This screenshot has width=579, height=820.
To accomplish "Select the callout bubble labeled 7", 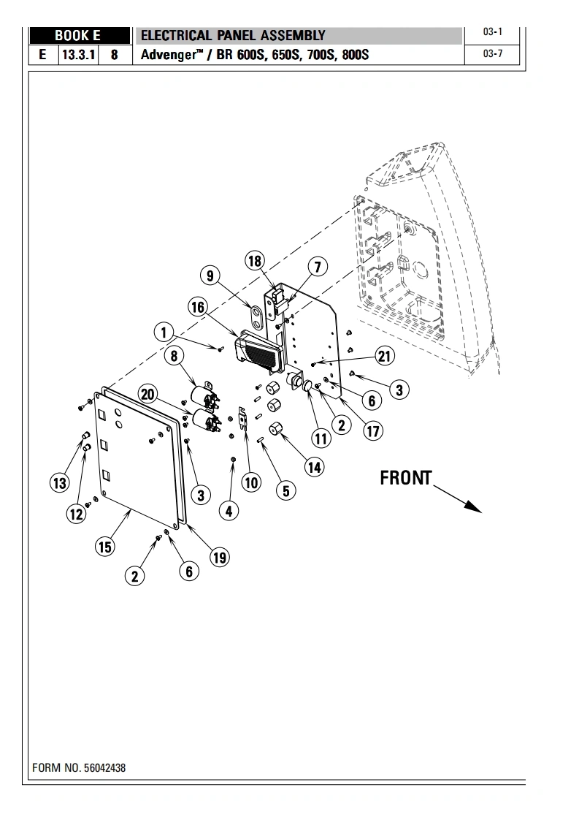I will click(x=318, y=267).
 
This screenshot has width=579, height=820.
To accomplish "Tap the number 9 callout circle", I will click(x=210, y=276).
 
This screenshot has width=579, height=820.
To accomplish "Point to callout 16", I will click(x=198, y=308).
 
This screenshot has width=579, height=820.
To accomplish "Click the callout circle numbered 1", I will click(x=164, y=333).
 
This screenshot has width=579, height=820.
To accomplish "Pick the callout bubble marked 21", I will click(x=384, y=356).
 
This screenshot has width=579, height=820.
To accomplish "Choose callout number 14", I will click(x=314, y=467).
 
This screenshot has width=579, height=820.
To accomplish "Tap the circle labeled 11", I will click(x=321, y=439).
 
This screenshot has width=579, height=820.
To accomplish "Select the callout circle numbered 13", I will click(x=59, y=482).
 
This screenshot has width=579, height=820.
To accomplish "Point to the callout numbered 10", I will click(x=251, y=482).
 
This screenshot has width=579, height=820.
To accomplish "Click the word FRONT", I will click(x=406, y=478).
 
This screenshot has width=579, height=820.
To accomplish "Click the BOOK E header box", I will click(x=77, y=35).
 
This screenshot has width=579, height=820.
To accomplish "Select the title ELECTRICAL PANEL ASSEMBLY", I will click(x=232, y=35).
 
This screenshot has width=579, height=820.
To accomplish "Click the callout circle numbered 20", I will click(x=148, y=395).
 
